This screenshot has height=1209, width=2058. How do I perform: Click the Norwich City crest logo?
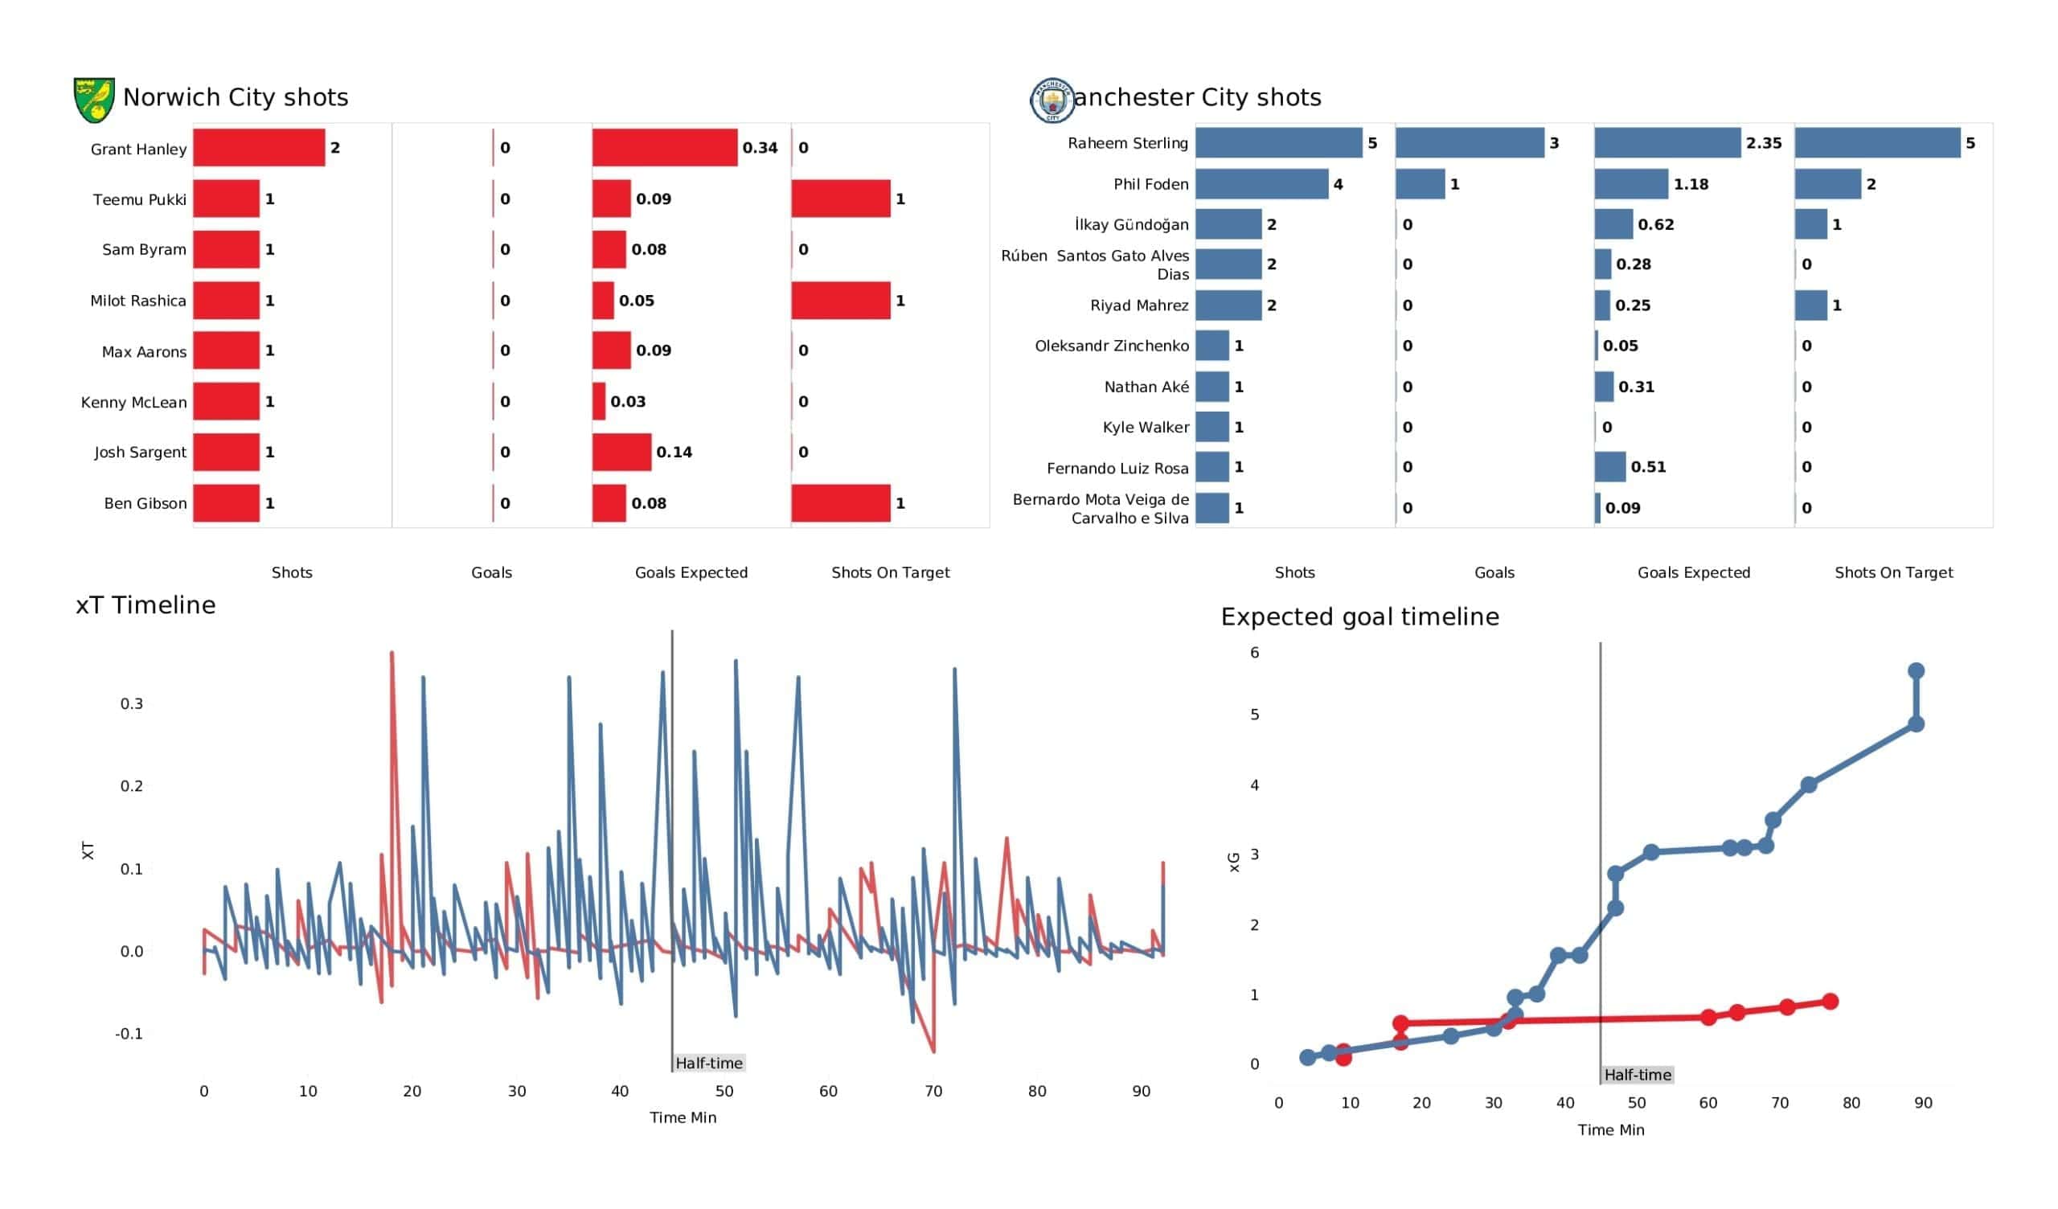coord(94,100)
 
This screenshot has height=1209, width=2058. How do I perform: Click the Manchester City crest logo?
coord(1052,100)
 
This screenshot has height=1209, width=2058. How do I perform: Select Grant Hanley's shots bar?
coord(259,148)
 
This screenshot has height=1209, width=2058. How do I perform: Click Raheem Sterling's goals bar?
coord(1470,143)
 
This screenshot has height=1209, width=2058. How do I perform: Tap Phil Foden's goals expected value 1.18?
coord(1691,185)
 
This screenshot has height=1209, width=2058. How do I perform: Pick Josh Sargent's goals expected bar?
coord(621,453)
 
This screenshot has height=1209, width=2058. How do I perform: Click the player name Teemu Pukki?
coord(140,199)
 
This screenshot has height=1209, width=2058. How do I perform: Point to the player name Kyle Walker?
coord(1145,427)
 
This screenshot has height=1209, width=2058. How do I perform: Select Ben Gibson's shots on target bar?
coord(840,503)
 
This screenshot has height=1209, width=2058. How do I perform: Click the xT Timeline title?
coord(146,605)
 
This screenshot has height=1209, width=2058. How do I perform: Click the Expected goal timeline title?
coord(1359,617)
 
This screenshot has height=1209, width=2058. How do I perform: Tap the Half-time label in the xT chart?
coord(709,1063)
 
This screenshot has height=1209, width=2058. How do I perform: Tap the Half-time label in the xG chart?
coord(1637,1075)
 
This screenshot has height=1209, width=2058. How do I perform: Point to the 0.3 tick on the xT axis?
coord(132,704)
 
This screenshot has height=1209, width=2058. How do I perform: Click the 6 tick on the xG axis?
coord(1254,653)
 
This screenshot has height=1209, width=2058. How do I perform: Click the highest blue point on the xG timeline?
coord(1916,671)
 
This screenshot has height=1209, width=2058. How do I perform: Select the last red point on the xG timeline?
coord(1830,1002)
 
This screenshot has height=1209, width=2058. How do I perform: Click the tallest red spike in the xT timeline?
coord(392,654)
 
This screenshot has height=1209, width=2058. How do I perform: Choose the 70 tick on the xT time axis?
coord(933,1092)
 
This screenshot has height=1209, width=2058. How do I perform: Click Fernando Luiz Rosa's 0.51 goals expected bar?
coord(1609,467)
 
